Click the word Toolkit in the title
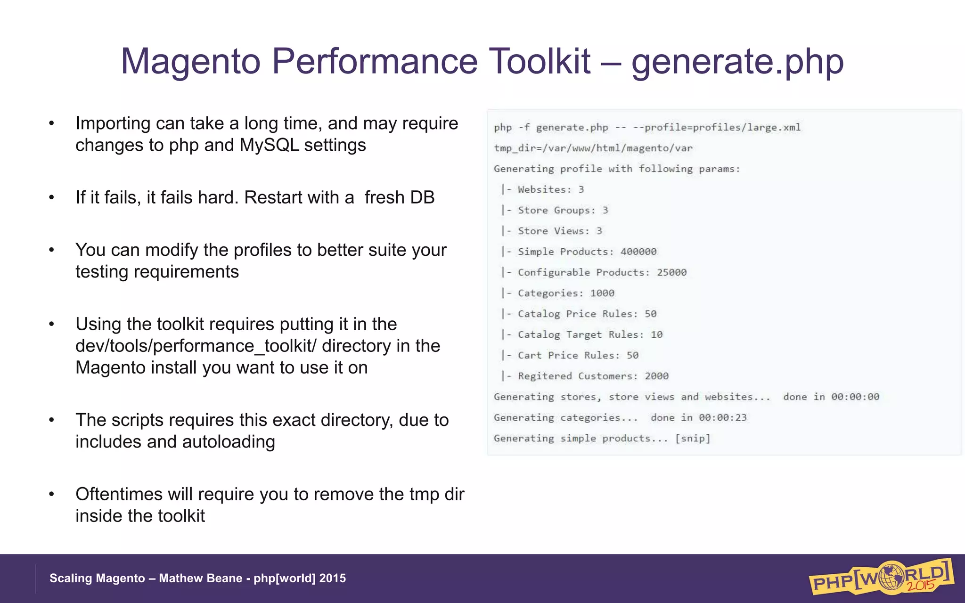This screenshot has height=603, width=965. [x=540, y=61]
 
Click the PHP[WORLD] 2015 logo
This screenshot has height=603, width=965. [x=881, y=578]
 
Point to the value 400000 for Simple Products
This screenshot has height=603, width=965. [x=638, y=252]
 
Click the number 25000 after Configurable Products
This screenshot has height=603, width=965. [x=671, y=272]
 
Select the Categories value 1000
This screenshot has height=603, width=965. [x=602, y=293]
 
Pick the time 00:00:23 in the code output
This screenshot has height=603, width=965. [x=722, y=417]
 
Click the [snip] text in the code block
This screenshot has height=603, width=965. [x=692, y=438]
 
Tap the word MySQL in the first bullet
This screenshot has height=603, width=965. [x=269, y=145]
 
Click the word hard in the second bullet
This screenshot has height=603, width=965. [x=218, y=197]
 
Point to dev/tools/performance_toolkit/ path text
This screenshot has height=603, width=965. [x=196, y=346]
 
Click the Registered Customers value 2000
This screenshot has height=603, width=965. [x=656, y=376]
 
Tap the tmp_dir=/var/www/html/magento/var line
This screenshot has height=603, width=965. [x=593, y=148]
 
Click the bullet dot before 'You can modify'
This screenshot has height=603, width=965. [x=52, y=250]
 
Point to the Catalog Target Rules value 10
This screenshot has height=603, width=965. [x=656, y=334]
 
